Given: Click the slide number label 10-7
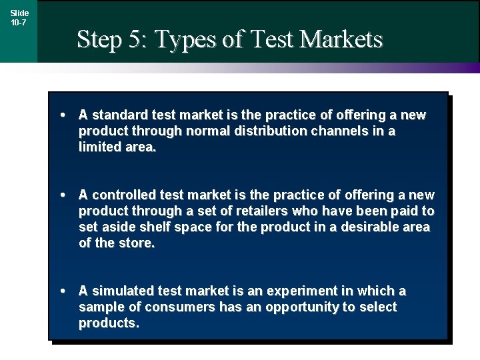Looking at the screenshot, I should pyautogui.click(x=19, y=23).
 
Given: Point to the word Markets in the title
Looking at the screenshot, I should pyautogui.click(x=341, y=39).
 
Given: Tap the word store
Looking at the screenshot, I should pyautogui.click(x=137, y=243).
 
